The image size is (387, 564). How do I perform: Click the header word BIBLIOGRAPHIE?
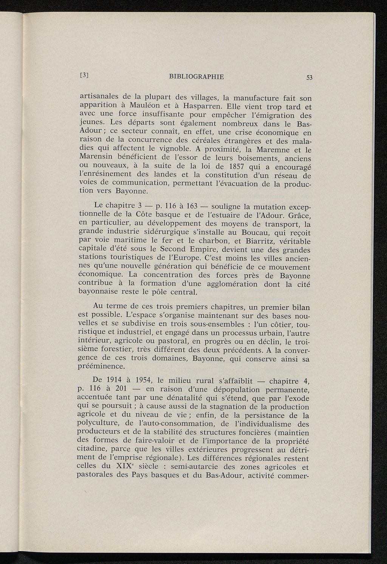pyautogui.click(x=197, y=77)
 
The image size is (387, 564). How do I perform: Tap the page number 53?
pyautogui.click(x=310, y=78)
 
